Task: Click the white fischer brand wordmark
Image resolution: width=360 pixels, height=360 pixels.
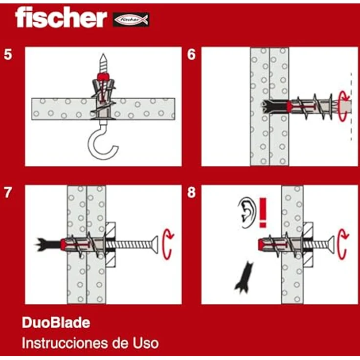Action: [61, 18]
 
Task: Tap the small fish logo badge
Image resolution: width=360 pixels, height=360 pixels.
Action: [131, 20]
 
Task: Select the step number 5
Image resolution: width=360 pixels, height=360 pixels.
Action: [8, 54]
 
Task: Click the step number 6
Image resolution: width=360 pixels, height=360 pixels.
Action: [191, 54]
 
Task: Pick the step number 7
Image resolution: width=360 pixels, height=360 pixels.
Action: [8, 192]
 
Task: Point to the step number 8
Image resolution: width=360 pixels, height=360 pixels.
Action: [191, 192]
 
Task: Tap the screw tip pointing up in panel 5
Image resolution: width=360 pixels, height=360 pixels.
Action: [103, 63]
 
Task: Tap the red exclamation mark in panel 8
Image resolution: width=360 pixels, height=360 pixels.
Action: [264, 211]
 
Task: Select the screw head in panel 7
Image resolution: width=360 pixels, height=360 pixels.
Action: [155, 243]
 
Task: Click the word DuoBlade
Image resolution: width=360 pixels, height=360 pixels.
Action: [56, 323]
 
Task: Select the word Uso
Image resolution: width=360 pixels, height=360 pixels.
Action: [144, 343]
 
